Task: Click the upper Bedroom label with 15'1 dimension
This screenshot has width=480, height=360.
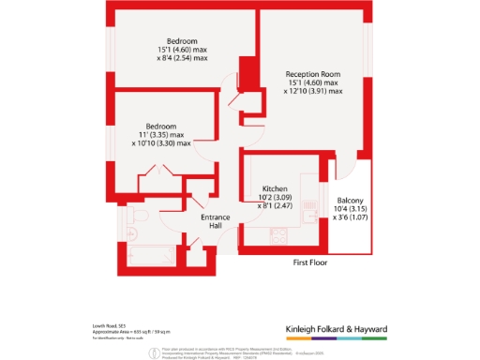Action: pos(180,40)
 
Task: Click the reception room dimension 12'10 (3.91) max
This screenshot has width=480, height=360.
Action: pos(314,91)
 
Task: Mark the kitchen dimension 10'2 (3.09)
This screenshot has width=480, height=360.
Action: pos(273,198)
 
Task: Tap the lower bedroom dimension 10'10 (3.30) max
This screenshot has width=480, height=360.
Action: pos(160,143)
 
